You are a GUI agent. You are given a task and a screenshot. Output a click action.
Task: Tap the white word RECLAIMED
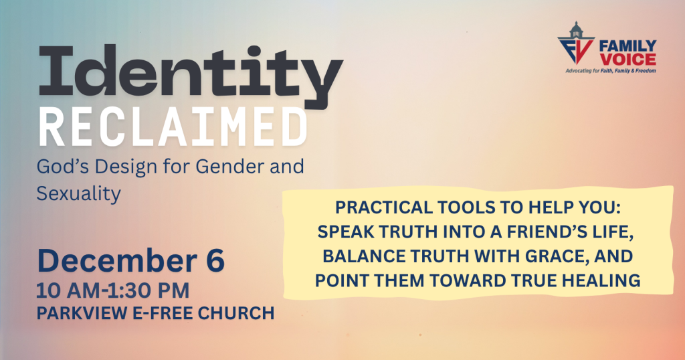click(173, 128)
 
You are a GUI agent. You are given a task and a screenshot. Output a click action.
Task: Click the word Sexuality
click(79, 194)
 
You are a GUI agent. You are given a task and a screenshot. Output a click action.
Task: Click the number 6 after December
click(215, 261)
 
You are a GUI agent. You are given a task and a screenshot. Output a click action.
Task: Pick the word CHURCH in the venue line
click(236, 313)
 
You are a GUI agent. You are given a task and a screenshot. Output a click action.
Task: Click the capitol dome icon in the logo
click(576, 30)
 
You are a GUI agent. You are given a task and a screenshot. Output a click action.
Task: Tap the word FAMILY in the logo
click(627, 46)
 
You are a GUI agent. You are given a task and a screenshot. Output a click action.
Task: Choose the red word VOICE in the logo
click(627, 60)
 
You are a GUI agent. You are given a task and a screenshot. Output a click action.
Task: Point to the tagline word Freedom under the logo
click(646, 71)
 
